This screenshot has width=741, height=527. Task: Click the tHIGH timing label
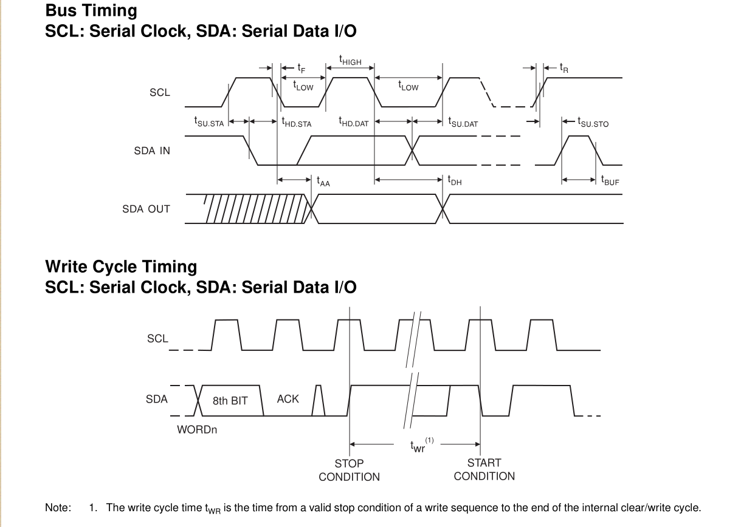click(x=350, y=61)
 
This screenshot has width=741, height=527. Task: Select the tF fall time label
click(x=302, y=68)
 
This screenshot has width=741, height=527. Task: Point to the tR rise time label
click(x=564, y=68)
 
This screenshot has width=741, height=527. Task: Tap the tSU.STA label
click(x=209, y=123)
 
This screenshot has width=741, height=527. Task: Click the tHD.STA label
click(x=297, y=123)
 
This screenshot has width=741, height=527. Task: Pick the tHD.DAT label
click(x=354, y=123)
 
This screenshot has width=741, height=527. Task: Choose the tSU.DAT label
click(x=463, y=123)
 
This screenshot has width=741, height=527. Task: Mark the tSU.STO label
click(x=593, y=123)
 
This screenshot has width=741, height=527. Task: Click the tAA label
click(x=323, y=180)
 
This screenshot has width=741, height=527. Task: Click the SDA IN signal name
click(x=152, y=151)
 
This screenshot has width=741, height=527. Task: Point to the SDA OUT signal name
click(x=146, y=209)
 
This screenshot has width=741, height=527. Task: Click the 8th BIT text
click(x=230, y=401)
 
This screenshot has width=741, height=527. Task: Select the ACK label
click(x=288, y=399)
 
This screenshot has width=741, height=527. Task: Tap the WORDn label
click(x=197, y=430)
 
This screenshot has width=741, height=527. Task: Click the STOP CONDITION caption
click(x=349, y=470)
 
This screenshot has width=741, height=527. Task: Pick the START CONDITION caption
click(x=484, y=470)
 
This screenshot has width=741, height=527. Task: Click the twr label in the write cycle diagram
click(x=418, y=447)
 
